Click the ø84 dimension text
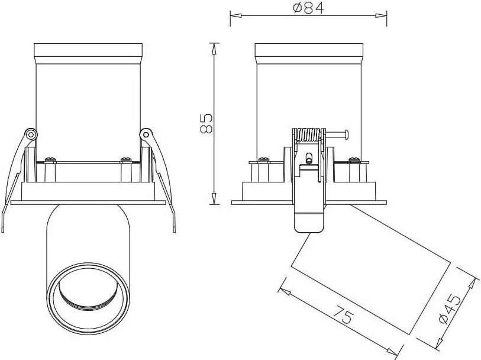click(x=307, y=8)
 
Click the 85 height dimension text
click(x=206, y=123)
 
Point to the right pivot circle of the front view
click(x=144, y=134)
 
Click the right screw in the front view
click(x=125, y=159)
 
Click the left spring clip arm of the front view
click(x=14, y=178)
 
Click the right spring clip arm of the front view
click(x=162, y=178)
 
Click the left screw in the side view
click(x=262, y=159)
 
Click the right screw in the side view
click(x=354, y=159)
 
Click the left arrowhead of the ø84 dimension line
click(x=233, y=15)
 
